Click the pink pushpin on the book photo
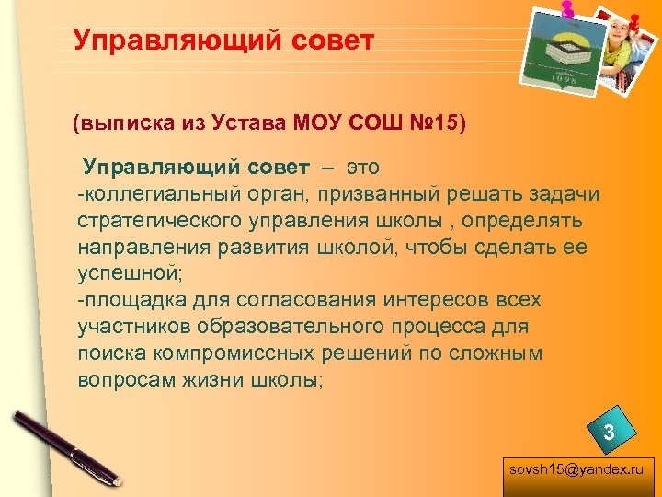[567, 8]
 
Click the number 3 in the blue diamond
[608, 431]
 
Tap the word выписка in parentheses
[120, 121]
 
